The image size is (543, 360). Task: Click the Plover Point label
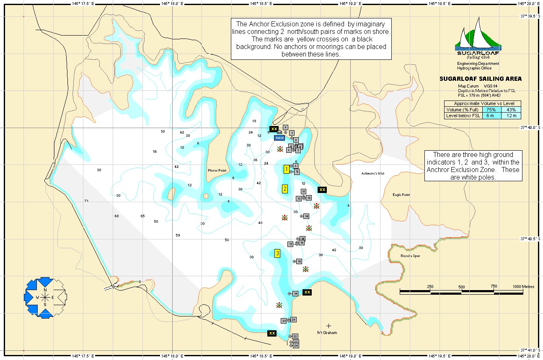click(217, 170)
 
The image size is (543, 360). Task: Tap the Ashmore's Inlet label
click(372, 173)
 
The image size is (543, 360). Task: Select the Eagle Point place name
click(401, 195)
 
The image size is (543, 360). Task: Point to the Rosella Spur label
click(410, 256)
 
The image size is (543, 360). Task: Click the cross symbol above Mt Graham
click(328, 325)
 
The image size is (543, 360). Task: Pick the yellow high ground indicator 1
click(286, 169)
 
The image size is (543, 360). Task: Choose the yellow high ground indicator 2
click(285, 189)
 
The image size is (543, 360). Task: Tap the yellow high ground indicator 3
click(277, 253)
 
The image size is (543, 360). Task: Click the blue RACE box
click(279, 138)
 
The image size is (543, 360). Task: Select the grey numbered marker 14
click(306, 216)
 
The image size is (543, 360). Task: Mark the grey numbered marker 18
click(299, 261)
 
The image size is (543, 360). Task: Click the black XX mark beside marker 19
click(307, 292)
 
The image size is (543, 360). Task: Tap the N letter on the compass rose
click(45, 290)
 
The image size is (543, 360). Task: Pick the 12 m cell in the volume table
click(511, 116)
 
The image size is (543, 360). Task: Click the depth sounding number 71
click(86, 201)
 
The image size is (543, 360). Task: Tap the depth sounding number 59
click(178, 235)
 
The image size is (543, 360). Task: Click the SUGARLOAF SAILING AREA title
click(480, 79)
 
